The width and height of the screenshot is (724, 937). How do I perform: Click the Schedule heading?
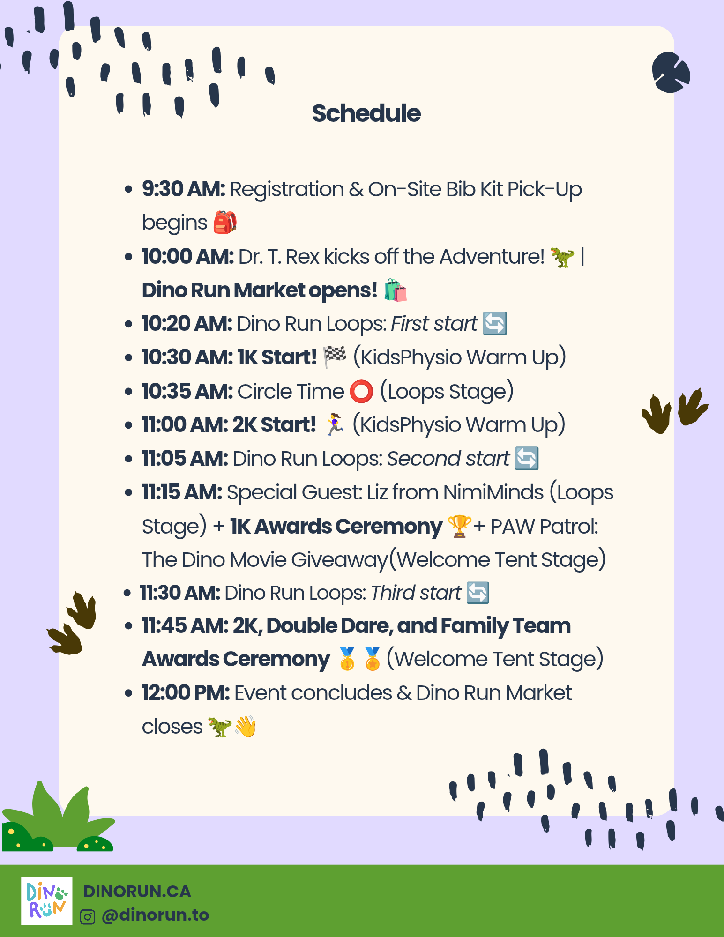[366, 113]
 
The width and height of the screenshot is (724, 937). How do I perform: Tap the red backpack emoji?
[225, 222]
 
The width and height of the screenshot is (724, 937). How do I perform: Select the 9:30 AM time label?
[184, 189]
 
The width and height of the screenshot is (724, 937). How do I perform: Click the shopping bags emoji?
[396, 290]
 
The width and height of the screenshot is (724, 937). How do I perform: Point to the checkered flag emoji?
[335, 357]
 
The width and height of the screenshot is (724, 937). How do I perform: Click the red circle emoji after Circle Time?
[361, 391]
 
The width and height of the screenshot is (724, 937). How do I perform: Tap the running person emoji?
[335, 424]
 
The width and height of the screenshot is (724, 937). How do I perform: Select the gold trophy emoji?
[459, 526]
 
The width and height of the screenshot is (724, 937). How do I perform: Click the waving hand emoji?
[246, 727]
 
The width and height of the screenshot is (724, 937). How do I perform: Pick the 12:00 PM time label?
[186, 693]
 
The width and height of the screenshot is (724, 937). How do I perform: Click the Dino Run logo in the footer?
[47, 900]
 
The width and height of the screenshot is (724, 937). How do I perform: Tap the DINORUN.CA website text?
[137, 892]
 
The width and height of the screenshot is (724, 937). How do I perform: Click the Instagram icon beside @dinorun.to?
[88, 916]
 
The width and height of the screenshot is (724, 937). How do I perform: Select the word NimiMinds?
[493, 492]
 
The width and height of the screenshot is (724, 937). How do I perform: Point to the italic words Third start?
[416, 593]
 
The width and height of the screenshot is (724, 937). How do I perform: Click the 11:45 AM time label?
[185, 626]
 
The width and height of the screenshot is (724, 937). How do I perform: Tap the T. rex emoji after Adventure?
[562, 257]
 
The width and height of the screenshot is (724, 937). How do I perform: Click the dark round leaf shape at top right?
[671, 72]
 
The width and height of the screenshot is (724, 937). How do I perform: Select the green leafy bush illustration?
[57, 818]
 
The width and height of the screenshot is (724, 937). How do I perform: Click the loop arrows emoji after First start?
[495, 323]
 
